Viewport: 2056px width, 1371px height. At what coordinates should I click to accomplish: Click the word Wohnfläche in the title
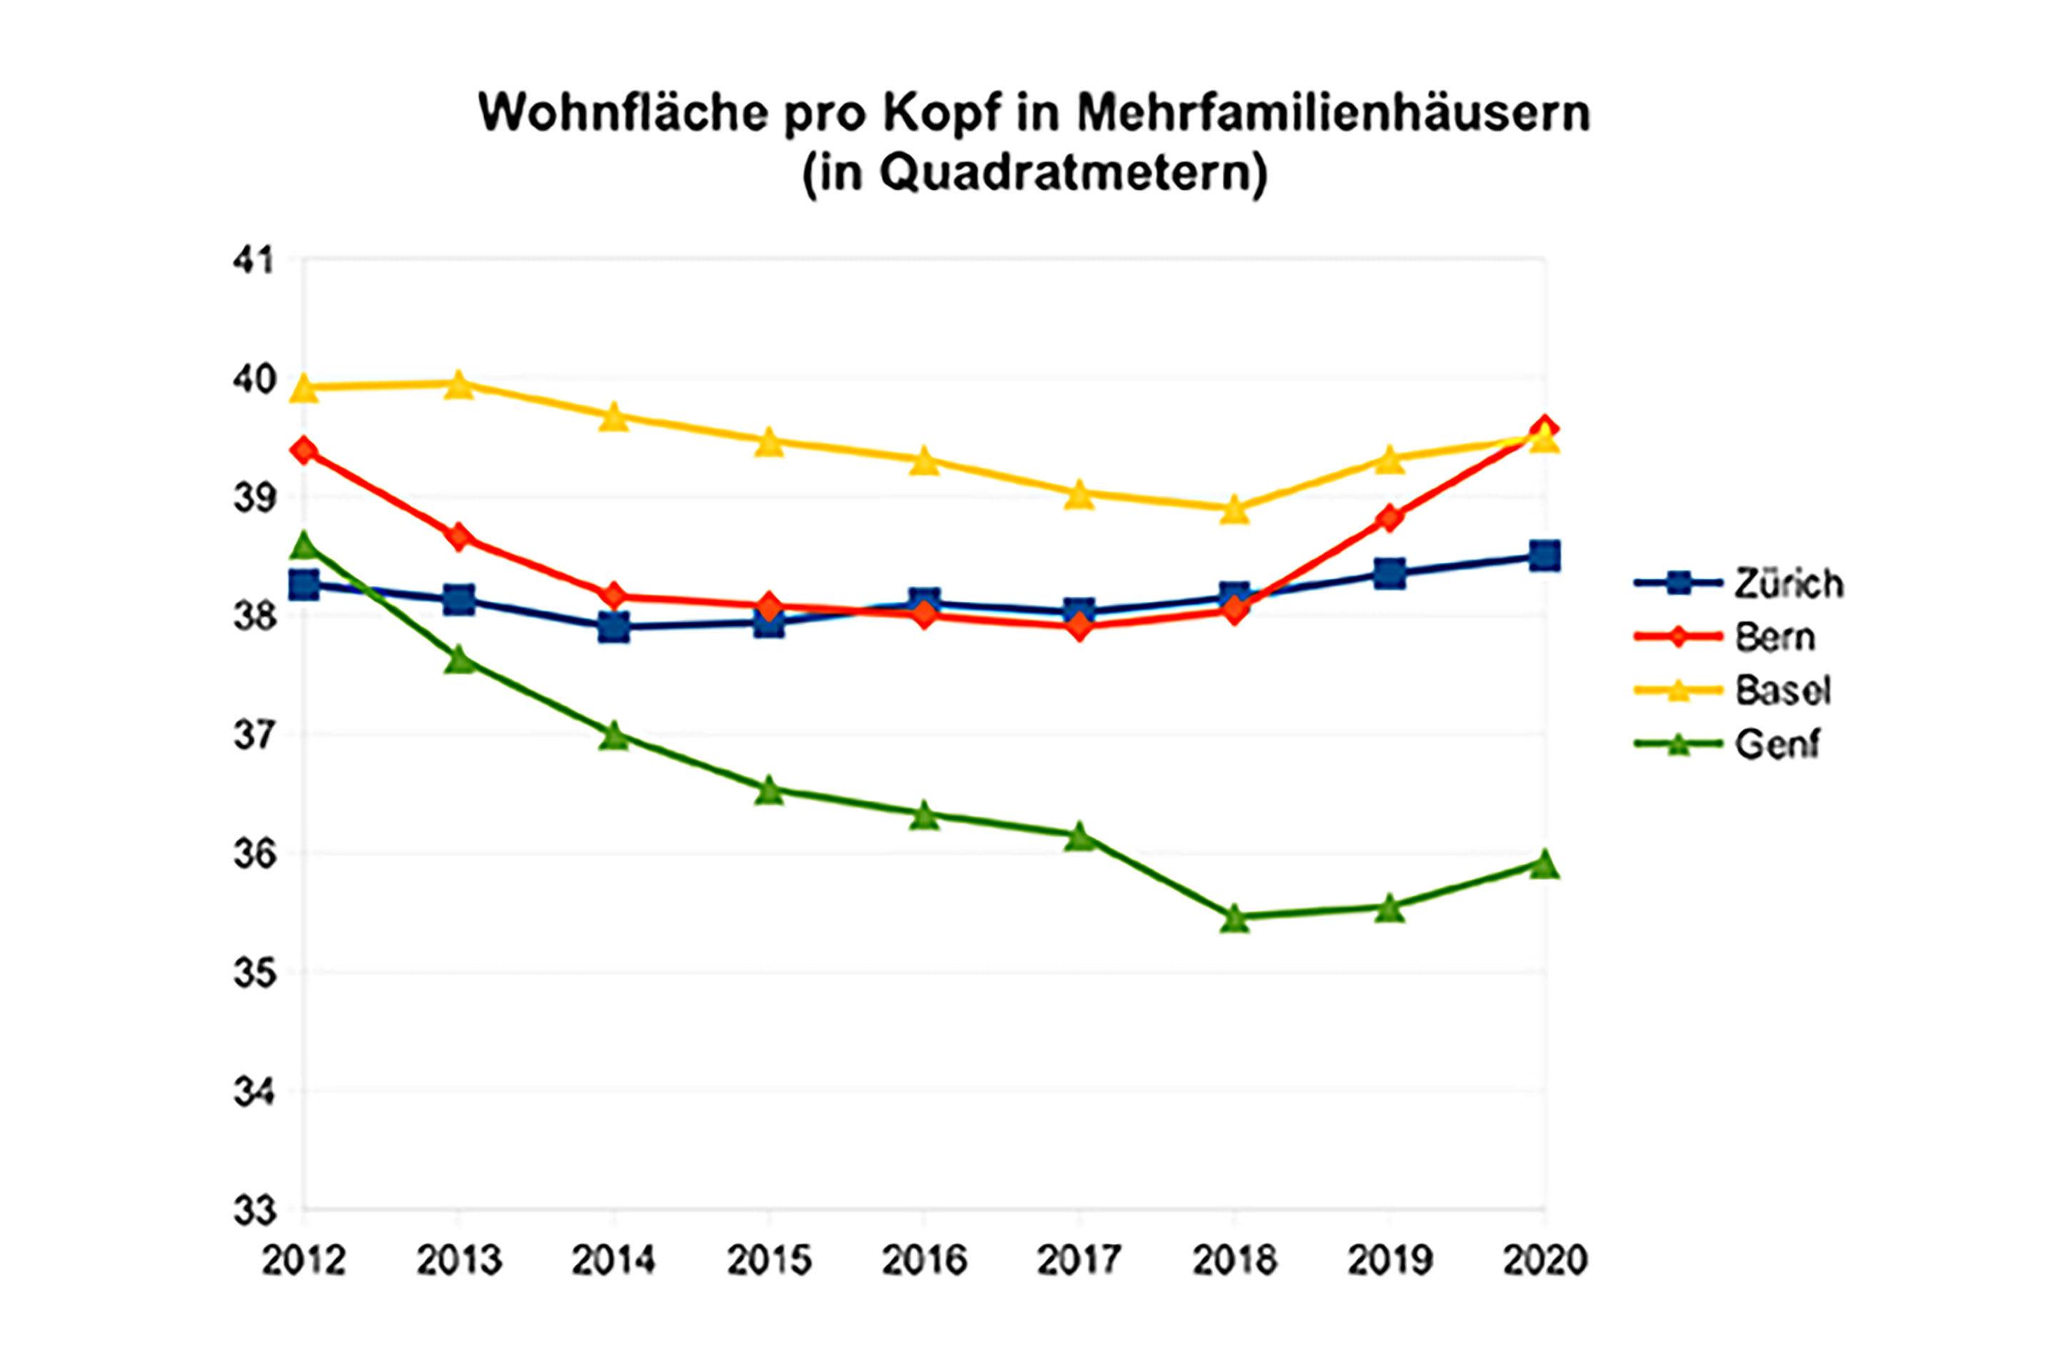coord(623,113)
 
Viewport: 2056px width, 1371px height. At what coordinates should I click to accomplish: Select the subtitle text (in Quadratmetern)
coord(1034,173)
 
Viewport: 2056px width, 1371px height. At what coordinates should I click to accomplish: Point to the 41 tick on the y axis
coord(253,261)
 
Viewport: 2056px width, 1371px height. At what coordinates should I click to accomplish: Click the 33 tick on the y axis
coord(253,1211)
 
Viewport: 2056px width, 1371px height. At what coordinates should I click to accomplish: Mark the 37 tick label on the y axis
coord(253,735)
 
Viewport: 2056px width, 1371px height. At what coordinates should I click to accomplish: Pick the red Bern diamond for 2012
coord(303,451)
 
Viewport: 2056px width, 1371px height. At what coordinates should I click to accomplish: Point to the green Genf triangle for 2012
coord(303,545)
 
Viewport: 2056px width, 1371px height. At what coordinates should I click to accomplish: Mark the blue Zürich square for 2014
coord(614,627)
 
